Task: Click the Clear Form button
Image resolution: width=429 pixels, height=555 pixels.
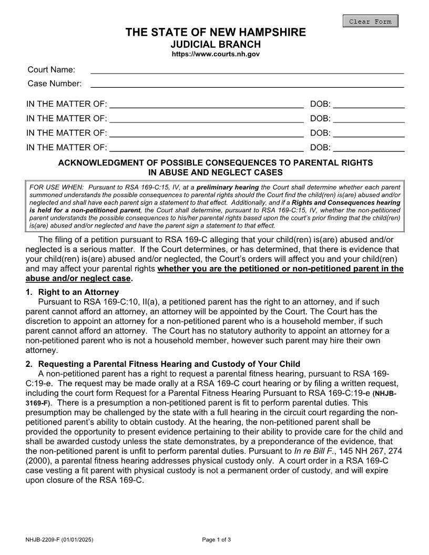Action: pos(370,22)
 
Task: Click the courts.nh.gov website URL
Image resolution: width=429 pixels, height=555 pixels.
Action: pos(216,54)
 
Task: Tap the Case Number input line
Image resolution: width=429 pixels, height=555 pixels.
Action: pos(247,83)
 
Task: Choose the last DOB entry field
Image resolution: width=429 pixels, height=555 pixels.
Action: pos(369,147)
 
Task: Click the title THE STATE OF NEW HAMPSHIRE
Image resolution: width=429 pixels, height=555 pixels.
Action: pos(216,33)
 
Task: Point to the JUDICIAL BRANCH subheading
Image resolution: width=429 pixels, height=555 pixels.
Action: pos(216,44)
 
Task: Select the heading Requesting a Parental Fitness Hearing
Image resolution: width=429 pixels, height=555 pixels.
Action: pos(169,364)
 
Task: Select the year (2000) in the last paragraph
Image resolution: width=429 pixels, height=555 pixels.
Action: pos(37,460)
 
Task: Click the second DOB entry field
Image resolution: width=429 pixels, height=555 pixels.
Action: pos(369,118)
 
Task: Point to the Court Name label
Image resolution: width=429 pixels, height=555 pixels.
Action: pos(51,69)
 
